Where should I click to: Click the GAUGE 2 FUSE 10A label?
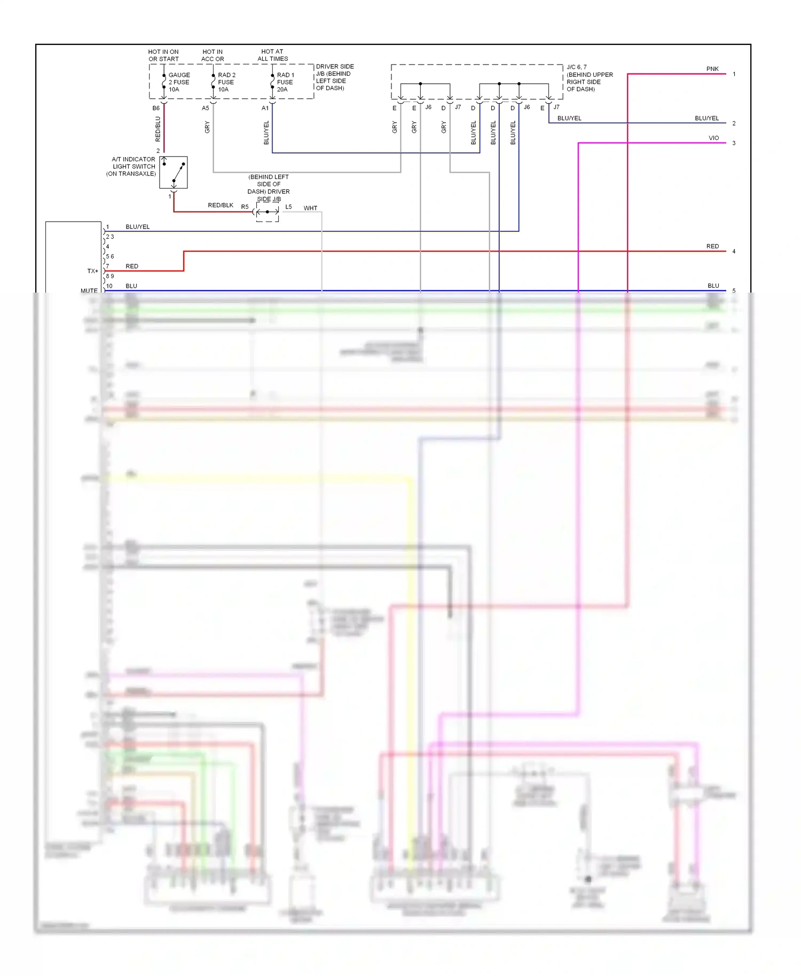(179, 82)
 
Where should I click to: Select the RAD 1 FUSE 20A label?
(285, 82)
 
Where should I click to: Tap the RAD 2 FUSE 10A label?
(226, 82)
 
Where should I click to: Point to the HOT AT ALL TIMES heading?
(272, 56)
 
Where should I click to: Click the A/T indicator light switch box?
(174, 172)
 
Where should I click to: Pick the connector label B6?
(156, 108)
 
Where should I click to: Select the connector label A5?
(206, 108)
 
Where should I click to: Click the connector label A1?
(265, 108)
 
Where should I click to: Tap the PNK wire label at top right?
(712, 69)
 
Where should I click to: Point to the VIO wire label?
(713, 138)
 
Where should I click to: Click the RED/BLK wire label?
(221, 206)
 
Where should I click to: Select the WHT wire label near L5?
(310, 208)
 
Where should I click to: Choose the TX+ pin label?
(93, 271)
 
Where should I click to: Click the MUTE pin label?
(89, 291)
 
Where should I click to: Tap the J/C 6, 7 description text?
(590, 78)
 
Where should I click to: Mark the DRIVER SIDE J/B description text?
(334, 77)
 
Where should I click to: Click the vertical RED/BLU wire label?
(158, 129)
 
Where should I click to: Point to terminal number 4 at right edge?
(734, 251)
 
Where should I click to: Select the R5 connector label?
(245, 207)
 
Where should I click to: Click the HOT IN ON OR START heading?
(163, 56)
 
